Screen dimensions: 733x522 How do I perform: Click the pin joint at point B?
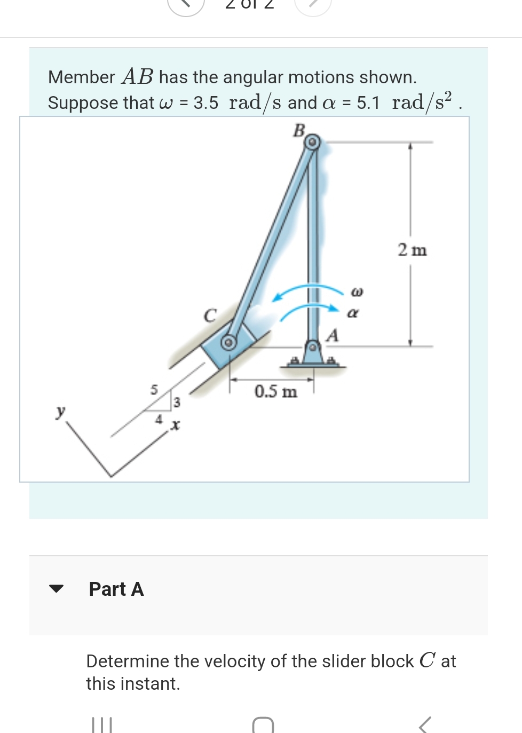313,142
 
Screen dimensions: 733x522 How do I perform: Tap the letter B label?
299,130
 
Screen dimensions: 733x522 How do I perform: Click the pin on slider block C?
229,342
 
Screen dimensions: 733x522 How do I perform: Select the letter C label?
210,316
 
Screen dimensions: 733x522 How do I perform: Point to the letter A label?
333,335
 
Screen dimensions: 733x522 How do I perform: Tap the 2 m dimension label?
412,250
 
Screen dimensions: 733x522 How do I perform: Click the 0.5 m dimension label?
275,391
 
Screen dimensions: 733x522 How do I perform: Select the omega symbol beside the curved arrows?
357,292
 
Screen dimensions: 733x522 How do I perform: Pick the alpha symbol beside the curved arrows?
353,313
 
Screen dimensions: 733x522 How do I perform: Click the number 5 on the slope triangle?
154,390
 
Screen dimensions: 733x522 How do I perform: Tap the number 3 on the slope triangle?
177,402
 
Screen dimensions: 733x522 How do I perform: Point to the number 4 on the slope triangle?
159,420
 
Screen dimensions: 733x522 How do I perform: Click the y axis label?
61,411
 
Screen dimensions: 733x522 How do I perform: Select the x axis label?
175,425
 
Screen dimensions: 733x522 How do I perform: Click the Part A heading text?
116,589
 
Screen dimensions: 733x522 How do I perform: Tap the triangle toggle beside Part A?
56,589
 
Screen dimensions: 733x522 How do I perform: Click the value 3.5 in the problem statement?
205,103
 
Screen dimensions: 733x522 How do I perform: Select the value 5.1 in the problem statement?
368,103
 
